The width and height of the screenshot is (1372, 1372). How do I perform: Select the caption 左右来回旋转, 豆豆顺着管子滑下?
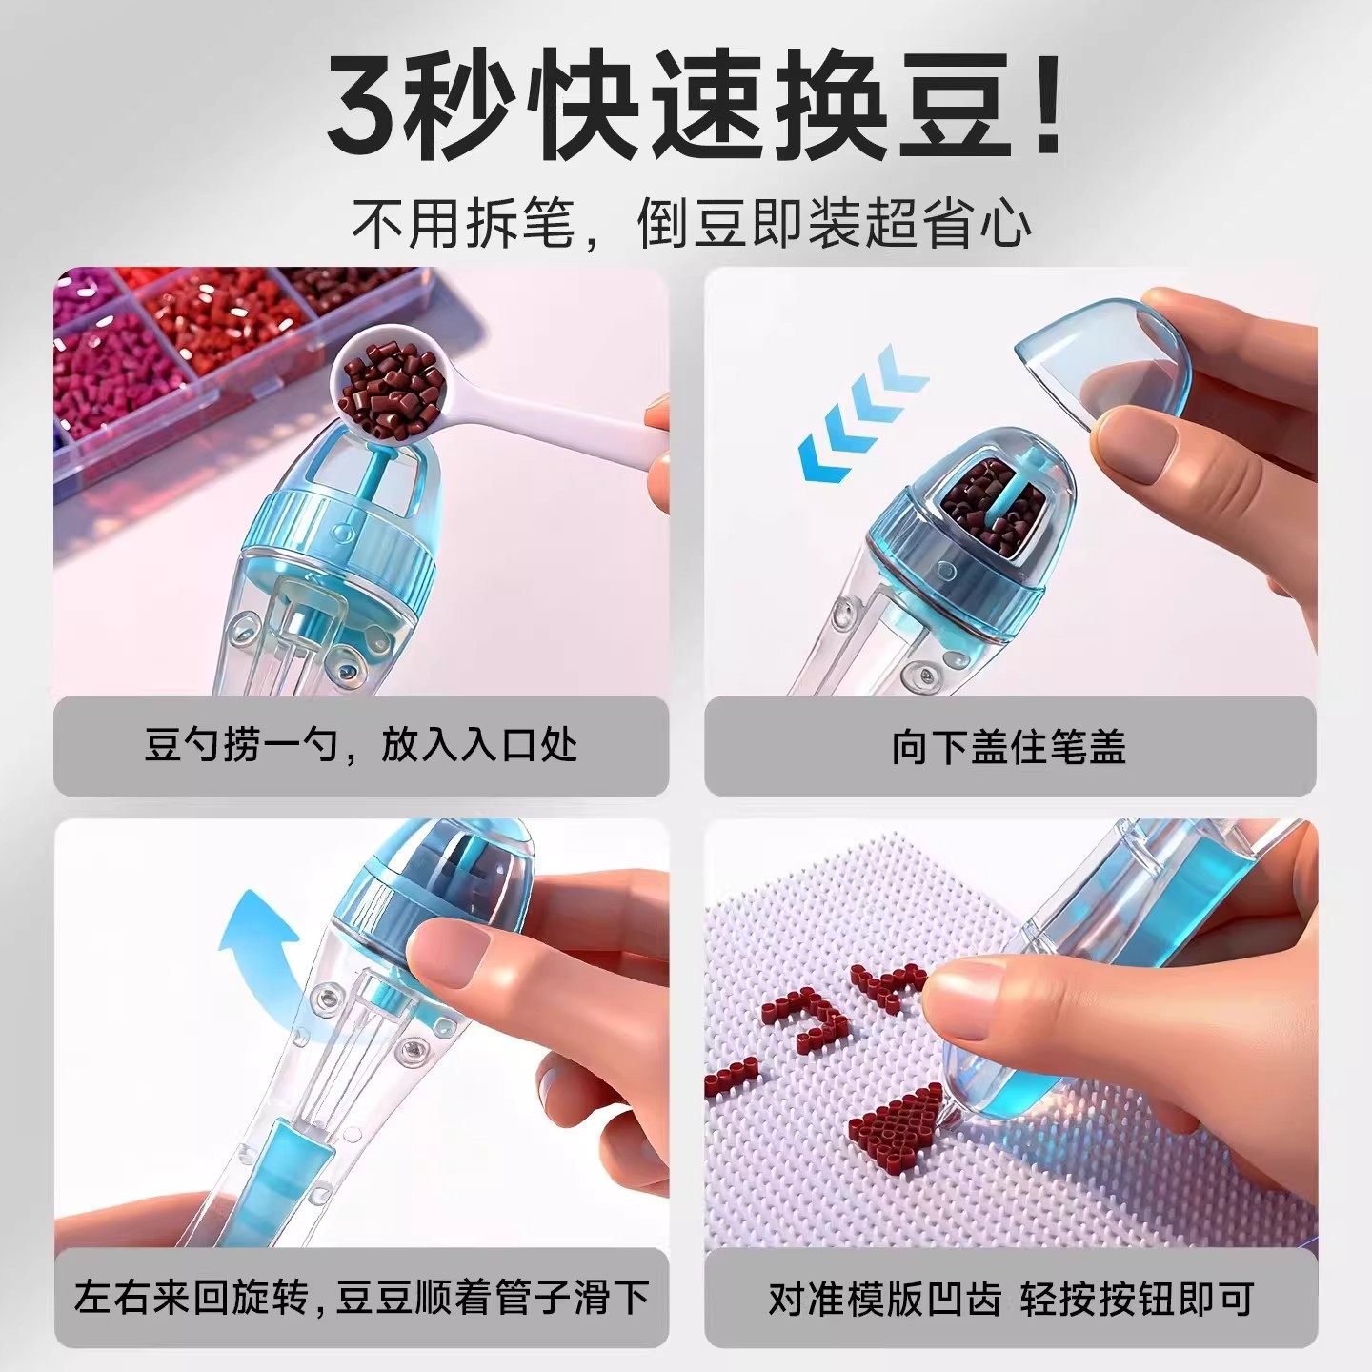pos(361,1298)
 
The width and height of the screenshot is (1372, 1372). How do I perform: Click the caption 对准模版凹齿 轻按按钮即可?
pos(1010,1299)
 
